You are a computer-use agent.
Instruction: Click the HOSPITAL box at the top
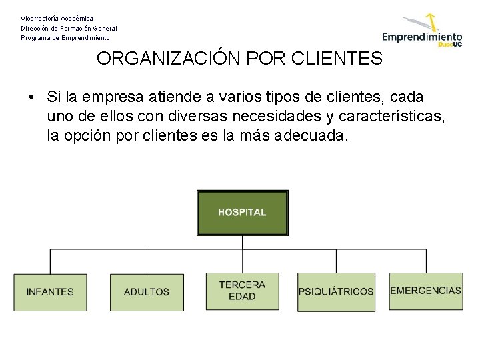[242, 213]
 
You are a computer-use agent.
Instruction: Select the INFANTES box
[50, 292]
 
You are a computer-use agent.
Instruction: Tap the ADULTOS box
[147, 292]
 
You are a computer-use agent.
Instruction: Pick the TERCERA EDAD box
[242, 291]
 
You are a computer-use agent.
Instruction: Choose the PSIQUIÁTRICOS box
[336, 291]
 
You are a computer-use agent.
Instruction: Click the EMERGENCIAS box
[425, 291]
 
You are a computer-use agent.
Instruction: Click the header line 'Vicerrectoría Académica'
[57, 19]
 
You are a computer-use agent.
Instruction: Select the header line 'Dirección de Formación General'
[69, 29]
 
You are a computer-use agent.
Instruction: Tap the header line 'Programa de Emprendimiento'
[65, 38]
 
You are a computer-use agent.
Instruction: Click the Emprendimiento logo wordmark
[421, 37]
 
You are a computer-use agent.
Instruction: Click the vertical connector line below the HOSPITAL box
[242, 243]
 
